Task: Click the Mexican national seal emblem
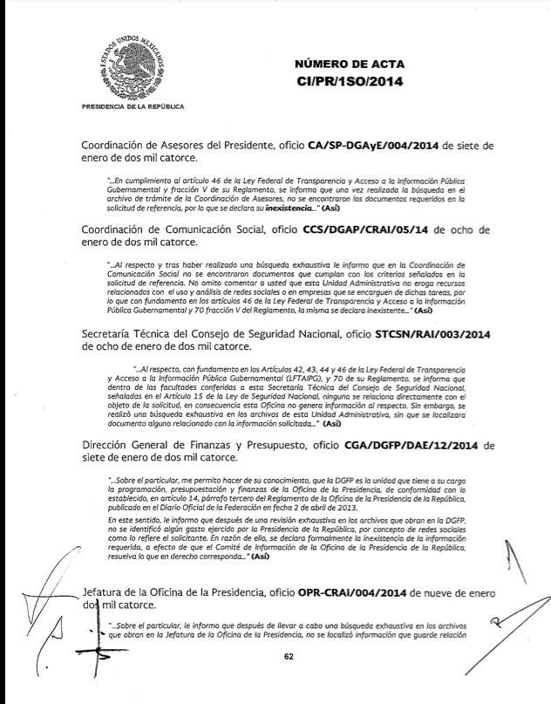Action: [x=131, y=65]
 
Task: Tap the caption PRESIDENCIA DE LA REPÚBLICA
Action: [x=132, y=106]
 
